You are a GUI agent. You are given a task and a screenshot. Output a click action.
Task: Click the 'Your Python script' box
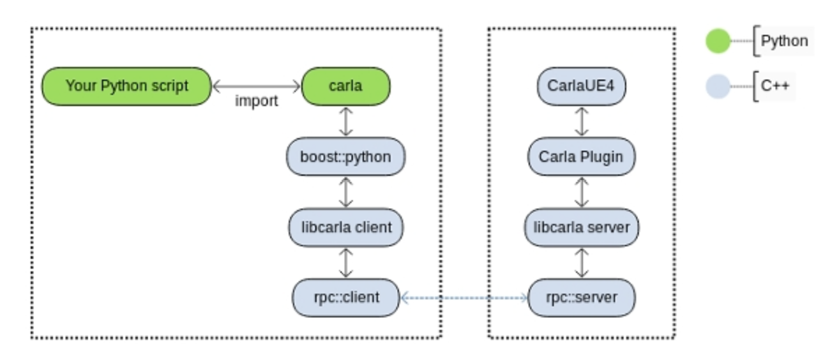(x=126, y=87)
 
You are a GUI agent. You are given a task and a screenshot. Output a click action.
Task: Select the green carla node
(x=345, y=87)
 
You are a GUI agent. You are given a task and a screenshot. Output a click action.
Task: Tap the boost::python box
(x=345, y=157)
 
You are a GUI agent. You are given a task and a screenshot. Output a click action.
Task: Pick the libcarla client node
(x=345, y=227)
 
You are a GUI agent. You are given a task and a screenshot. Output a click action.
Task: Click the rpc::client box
(x=345, y=298)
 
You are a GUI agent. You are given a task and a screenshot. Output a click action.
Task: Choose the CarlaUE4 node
(x=581, y=87)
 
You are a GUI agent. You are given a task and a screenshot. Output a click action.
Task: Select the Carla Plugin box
(x=581, y=157)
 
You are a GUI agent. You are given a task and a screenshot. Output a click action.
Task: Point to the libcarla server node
(x=581, y=227)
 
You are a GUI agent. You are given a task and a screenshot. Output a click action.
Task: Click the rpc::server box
(x=581, y=298)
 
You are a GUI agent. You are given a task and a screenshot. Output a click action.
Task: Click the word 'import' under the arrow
(x=257, y=101)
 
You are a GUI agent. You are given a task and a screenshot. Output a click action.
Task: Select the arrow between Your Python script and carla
(x=256, y=87)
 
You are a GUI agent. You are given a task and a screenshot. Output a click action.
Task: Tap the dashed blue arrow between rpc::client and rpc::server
(x=464, y=298)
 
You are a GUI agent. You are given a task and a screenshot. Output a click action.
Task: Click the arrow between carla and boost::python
(x=345, y=121)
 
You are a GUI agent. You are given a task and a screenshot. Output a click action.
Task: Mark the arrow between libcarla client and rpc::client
(x=345, y=263)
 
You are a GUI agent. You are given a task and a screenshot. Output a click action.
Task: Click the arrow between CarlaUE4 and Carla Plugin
(x=581, y=121)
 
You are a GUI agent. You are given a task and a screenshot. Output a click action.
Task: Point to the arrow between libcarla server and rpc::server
(x=581, y=263)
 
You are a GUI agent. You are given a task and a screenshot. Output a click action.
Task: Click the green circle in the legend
(x=718, y=41)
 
